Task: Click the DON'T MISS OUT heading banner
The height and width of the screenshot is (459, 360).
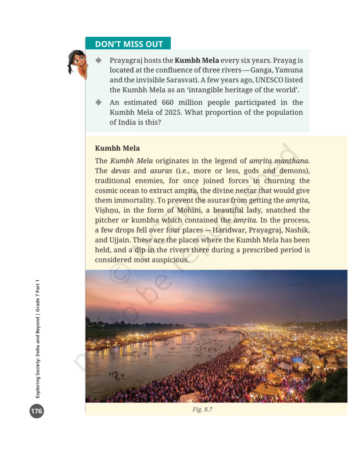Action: [x=128, y=44]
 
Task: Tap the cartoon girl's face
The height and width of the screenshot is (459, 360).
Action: [x=77, y=60]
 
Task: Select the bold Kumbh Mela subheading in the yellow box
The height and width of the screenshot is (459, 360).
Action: [x=117, y=148]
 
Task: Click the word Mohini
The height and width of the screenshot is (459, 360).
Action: [x=179, y=210]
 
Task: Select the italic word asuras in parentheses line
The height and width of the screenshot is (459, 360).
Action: [x=161, y=171]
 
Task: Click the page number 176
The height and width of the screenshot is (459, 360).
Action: [x=37, y=411]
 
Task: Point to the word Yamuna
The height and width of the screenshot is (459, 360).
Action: [x=288, y=70]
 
